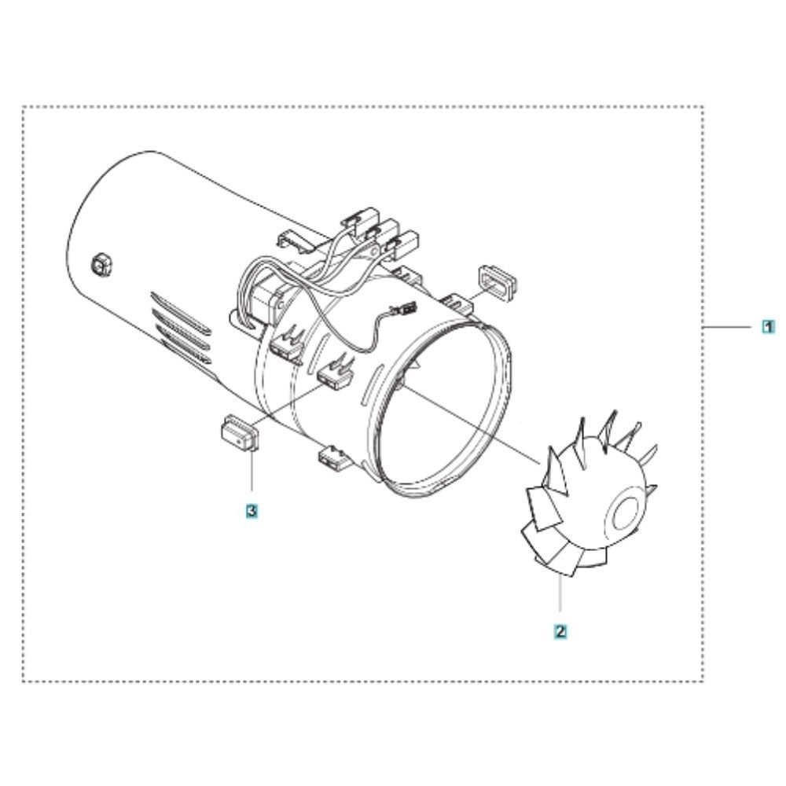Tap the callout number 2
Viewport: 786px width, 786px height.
point(560,630)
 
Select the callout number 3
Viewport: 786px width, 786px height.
point(251,511)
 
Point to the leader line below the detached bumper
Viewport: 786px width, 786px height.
point(251,476)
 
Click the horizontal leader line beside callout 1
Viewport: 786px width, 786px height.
point(730,325)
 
